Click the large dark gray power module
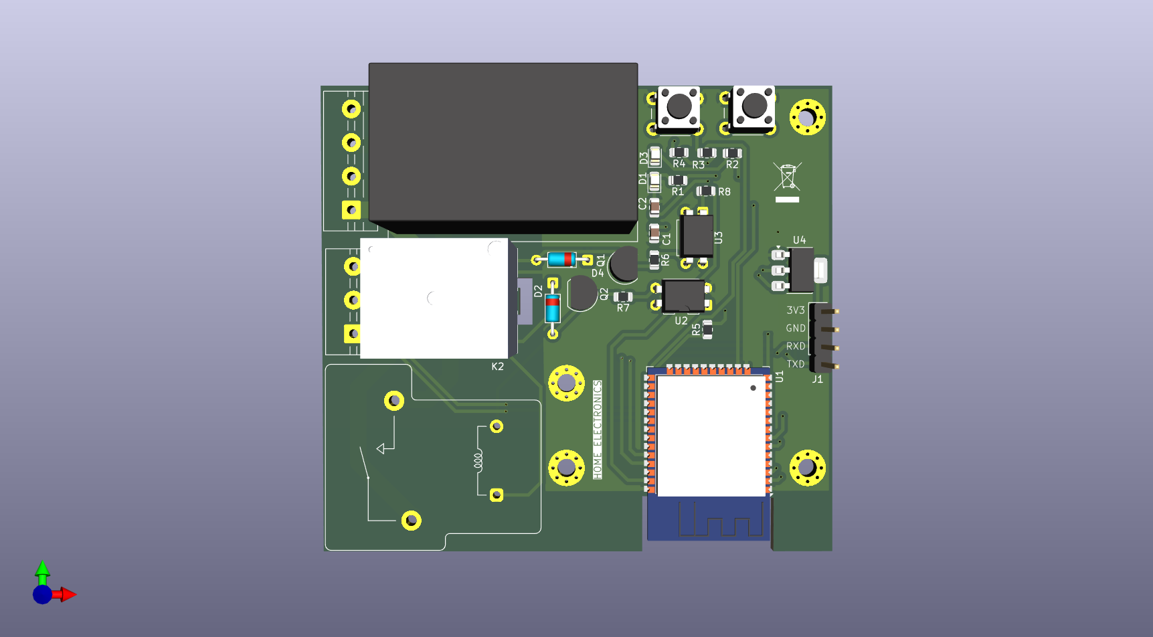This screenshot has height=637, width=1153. (x=503, y=144)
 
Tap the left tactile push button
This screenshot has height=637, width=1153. (x=679, y=106)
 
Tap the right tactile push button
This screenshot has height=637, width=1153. (x=754, y=106)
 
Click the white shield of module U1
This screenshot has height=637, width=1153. (x=711, y=436)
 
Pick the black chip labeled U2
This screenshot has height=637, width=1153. (x=683, y=296)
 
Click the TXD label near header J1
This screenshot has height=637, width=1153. (x=795, y=364)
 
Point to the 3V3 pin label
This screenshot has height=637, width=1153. (x=795, y=310)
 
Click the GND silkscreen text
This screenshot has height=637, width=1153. (x=795, y=329)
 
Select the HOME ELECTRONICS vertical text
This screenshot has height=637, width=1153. (x=598, y=430)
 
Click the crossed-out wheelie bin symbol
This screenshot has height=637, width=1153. (x=787, y=177)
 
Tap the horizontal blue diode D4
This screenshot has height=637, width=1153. (x=561, y=260)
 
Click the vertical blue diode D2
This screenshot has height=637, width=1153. (x=552, y=309)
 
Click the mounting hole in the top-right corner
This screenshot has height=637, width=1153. (x=807, y=117)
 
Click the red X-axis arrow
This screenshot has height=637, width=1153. (x=66, y=594)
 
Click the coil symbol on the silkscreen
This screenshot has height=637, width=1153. (x=478, y=460)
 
